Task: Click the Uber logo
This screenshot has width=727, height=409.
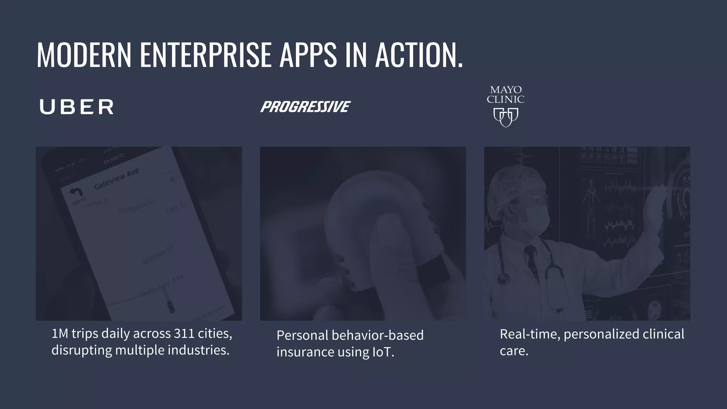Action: [76, 107]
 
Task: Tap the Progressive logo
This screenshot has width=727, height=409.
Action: [305, 107]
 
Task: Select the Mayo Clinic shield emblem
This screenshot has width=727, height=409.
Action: [506, 117]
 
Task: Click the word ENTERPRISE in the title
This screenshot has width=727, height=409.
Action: [206, 55]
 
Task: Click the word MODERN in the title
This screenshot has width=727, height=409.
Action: [84, 55]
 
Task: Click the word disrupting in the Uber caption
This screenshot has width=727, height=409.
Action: [82, 350]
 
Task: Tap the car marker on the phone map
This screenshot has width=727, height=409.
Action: [171, 306]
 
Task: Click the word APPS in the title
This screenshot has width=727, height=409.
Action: [308, 55]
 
